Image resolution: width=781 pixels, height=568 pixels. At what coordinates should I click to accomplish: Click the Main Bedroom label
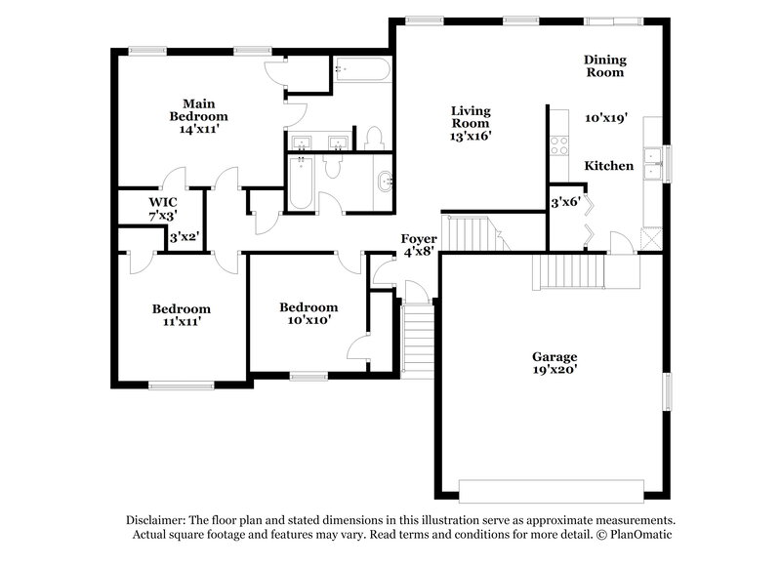tap(198, 109)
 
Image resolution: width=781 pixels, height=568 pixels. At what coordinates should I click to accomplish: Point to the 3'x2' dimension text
tap(185, 237)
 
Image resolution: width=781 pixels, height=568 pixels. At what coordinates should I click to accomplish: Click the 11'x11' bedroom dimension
tap(182, 319)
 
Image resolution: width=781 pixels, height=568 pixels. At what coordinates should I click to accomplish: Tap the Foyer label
tap(420, 239)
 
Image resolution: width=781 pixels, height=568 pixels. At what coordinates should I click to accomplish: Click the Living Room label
tap(470, 116)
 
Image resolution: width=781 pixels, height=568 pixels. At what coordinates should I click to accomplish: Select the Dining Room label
tap(603, 65)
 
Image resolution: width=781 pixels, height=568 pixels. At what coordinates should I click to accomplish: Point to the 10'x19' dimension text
tap(606, 117)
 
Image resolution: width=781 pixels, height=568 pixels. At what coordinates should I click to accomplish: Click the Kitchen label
tap(608, 166)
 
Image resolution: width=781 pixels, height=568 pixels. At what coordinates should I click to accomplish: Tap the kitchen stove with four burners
tap(560, 145)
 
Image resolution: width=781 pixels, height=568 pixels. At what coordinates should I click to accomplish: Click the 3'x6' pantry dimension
tap(566, 203)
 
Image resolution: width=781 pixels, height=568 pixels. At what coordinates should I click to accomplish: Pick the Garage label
tap(554, 356)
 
